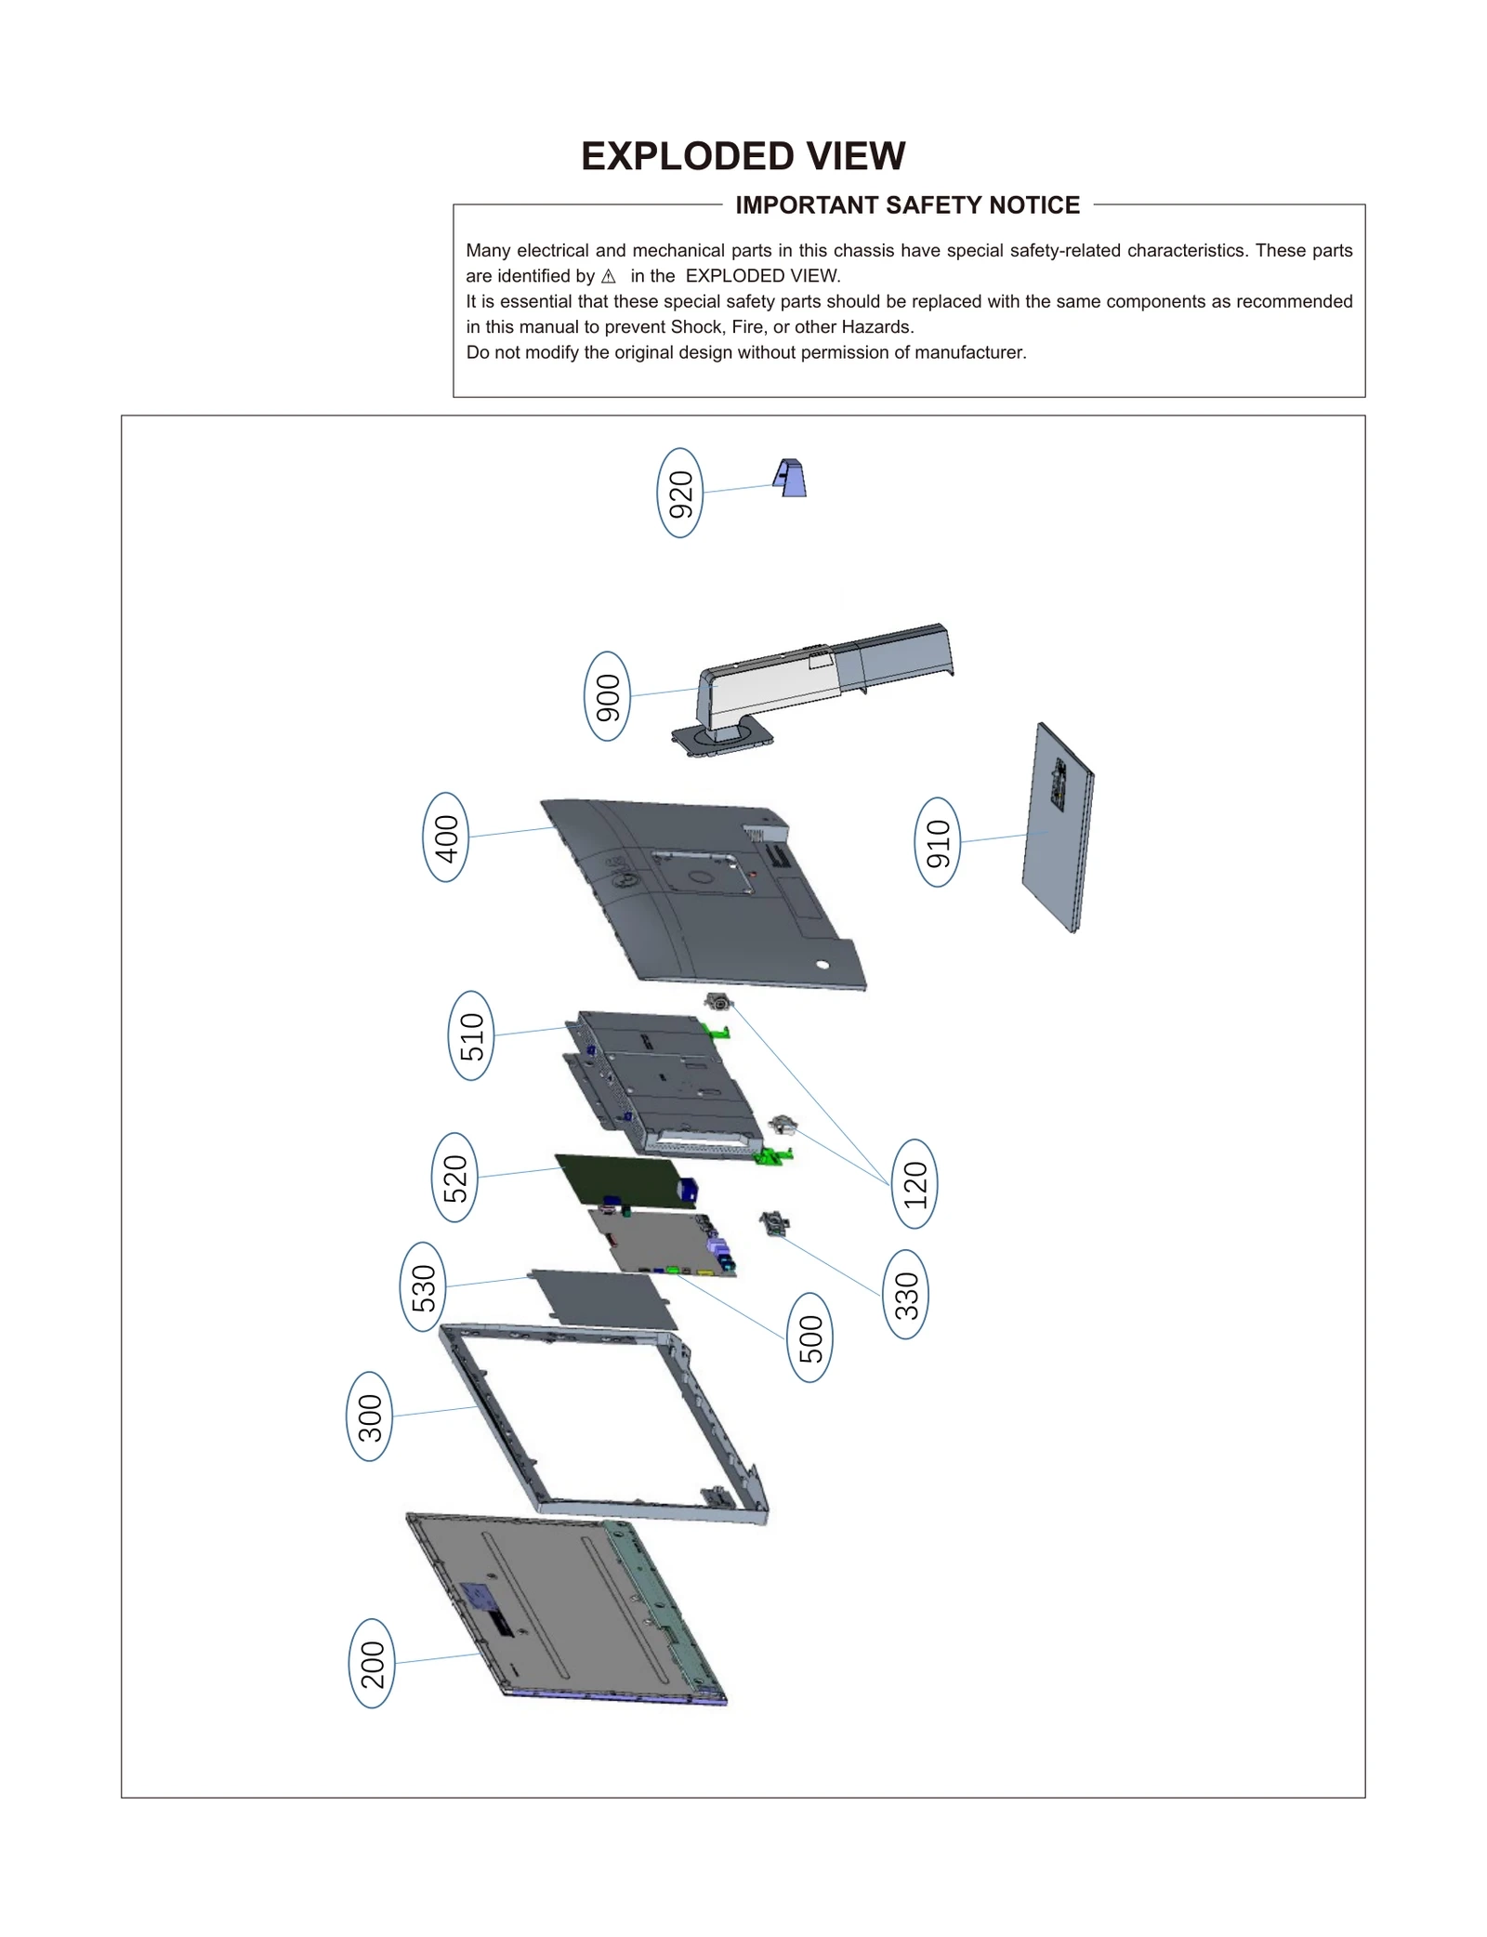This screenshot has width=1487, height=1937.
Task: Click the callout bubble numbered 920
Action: pos(679,493)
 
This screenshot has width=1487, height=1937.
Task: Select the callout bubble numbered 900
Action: pos(607,696)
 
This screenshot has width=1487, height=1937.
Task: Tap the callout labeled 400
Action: pos(446,837)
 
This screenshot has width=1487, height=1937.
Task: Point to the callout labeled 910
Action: pos(937,842)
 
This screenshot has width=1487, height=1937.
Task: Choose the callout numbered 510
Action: pos(471,1035)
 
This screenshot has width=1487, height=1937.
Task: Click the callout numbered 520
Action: pos(454,1178)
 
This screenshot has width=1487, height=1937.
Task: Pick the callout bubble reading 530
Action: pos(423,1286)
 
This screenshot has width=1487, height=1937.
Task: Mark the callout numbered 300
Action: pos(369,1417)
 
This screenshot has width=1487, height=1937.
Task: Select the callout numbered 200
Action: pos(372,1663)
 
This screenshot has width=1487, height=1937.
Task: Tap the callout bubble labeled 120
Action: pos(915,1183)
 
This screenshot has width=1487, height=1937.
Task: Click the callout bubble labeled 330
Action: pos(905,1295)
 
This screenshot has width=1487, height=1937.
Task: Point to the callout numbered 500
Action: pos(809,1337)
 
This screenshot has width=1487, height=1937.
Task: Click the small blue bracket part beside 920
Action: pos(790,479)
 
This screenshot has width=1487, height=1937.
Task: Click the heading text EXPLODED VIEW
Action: pos(743,156)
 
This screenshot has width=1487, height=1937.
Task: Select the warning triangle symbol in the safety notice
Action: pos(609,277)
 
